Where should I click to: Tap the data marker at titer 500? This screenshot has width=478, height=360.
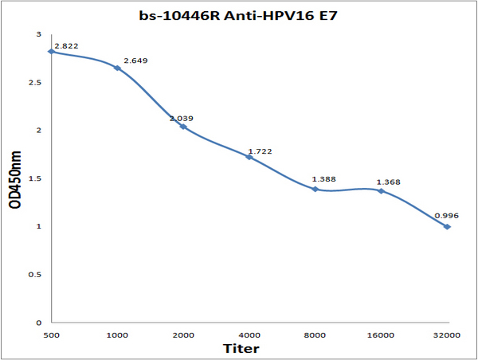[x=51, y=51]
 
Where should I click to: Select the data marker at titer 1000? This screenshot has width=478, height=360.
[x=117, y=68]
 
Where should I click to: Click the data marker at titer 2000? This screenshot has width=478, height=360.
[x=183, y=127]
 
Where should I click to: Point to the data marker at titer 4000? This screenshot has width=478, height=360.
[x=249, y=157]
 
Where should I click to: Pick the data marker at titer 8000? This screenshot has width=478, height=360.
[x=315, y=189]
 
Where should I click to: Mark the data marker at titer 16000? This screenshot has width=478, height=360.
[x=382, y=191]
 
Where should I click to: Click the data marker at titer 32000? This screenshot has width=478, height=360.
[x=448, y=227]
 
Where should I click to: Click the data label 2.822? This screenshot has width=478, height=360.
[x=66, y=45]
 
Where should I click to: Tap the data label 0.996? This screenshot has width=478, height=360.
[x=446, y=216]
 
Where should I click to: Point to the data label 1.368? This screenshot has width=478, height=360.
[x=387, y=182]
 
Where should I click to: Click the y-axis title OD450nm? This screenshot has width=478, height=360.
[x=15, y=178]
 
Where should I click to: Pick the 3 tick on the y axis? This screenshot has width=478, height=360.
[x=40, y=35]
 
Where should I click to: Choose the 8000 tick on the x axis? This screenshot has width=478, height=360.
[x=315, y=335]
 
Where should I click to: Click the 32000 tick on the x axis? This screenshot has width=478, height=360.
[x=448, y=335]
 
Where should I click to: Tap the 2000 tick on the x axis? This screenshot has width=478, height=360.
[x=183, y=335]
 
